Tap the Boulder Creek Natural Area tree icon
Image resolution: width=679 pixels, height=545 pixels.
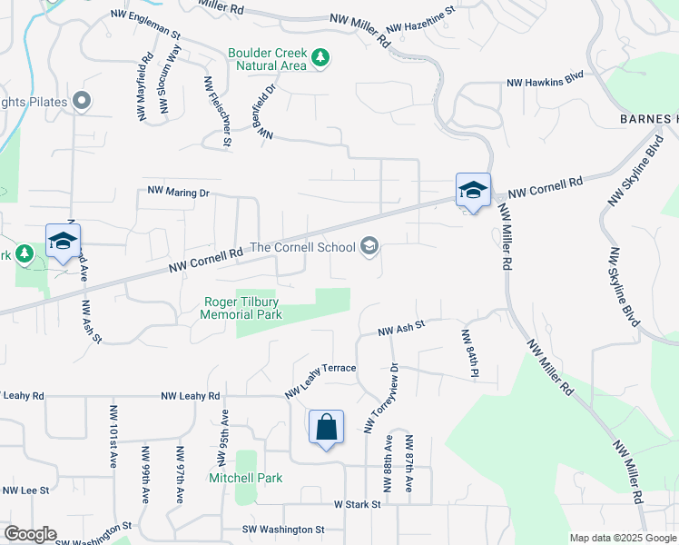coord(320,59)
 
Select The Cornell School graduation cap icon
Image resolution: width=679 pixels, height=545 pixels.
coord(369,245)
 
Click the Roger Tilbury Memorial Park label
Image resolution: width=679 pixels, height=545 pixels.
coord(241,308)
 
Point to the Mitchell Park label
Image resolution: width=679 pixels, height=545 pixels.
coord(245,478)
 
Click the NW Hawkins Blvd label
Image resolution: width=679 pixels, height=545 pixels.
coord(545,81)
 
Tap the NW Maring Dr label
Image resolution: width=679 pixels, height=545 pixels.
coord(179,193)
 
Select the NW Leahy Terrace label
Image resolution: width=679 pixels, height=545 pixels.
coord(320,379)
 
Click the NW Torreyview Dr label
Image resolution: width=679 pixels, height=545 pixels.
coord(380,399)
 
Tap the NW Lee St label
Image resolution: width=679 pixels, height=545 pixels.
coord(25,490)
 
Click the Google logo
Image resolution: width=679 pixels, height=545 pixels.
coord(29,534)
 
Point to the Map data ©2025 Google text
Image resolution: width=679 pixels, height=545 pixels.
coord(622,538)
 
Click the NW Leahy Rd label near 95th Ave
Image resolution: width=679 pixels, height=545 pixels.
coord(191,397)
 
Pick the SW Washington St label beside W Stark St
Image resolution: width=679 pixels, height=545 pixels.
coord(283,529)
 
